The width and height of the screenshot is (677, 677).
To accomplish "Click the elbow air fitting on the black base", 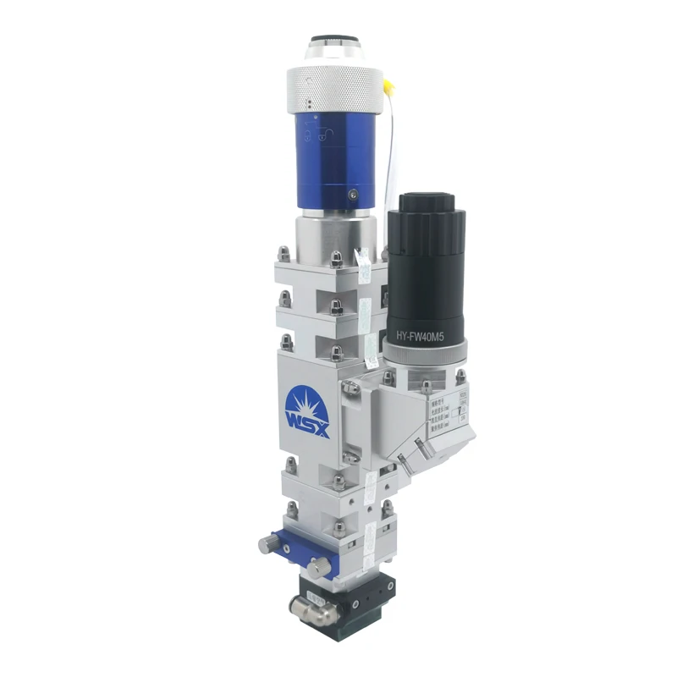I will (x=300, y=605).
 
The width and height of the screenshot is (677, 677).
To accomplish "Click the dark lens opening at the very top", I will (x=336, y=40).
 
